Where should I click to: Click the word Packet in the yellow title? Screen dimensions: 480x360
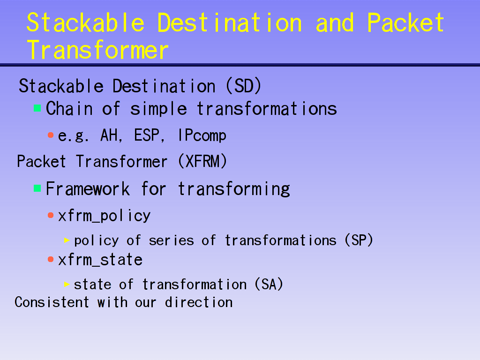pos(405,22)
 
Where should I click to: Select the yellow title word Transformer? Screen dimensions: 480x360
pos(97,50)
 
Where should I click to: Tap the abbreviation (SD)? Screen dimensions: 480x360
pos(243,86)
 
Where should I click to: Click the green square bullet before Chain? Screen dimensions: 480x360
pos(37,108)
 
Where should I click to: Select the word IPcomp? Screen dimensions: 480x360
pos(202,135)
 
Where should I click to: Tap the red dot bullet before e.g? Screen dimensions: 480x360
pos(51,135)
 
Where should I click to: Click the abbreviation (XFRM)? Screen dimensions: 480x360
pos(202,161)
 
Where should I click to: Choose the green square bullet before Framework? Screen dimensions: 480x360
pos(37,188)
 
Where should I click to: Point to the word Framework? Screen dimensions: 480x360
pos(88,188)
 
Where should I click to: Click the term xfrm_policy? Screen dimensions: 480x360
pos(104,216)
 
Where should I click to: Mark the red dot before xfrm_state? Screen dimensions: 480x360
pos(51,260)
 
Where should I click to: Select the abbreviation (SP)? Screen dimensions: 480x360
pos(359,240)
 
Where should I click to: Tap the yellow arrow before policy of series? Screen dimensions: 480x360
pos(67,240)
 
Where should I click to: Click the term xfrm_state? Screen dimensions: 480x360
pos(100,260)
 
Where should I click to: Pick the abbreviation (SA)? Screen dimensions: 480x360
pos(269,284)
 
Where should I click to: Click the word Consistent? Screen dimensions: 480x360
pos(52,302)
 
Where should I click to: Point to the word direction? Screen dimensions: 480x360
pos(199,302)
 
